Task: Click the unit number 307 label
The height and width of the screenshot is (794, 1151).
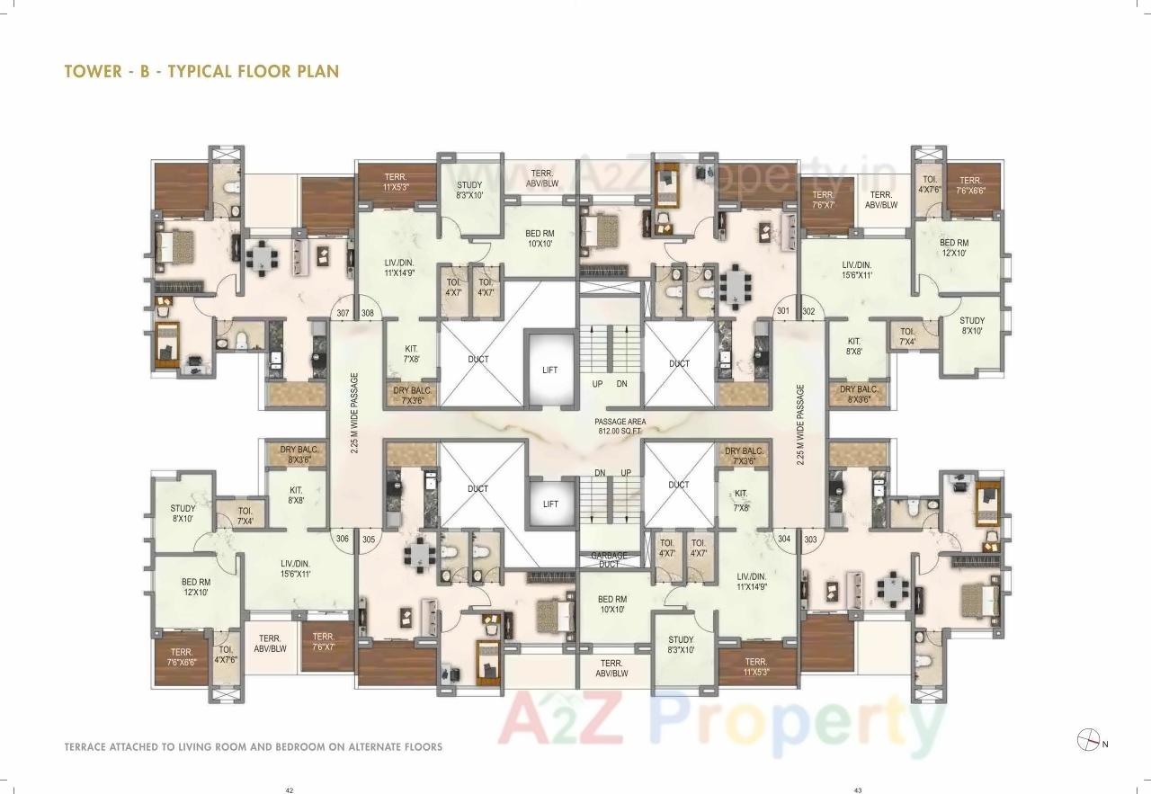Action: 342,314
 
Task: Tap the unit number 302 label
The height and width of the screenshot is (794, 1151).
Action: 808,312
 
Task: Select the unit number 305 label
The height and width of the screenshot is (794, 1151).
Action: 368,539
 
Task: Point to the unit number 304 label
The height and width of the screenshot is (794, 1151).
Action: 784,539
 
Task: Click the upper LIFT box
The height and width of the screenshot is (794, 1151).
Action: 549,370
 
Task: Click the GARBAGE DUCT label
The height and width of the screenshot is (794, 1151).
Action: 610,559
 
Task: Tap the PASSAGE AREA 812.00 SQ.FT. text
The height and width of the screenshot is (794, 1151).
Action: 620,426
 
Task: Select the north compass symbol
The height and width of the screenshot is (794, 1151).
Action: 1086,740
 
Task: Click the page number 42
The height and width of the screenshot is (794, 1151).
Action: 290,790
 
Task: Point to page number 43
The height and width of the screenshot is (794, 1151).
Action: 858,790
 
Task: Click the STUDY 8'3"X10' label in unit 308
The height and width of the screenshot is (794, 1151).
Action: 469,190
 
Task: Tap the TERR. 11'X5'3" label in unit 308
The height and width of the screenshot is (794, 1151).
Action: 397,183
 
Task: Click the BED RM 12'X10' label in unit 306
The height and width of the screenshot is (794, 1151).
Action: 195,587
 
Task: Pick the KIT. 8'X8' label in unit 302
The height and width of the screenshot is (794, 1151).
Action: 853,346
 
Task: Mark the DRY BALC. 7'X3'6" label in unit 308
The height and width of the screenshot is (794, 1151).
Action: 413,395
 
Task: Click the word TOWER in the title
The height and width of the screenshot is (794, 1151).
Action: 93,71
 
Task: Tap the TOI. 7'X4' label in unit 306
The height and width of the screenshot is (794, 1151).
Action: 245,516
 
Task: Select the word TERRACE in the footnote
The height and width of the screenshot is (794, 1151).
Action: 92,747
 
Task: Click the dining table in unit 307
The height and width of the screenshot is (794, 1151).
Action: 262,259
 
